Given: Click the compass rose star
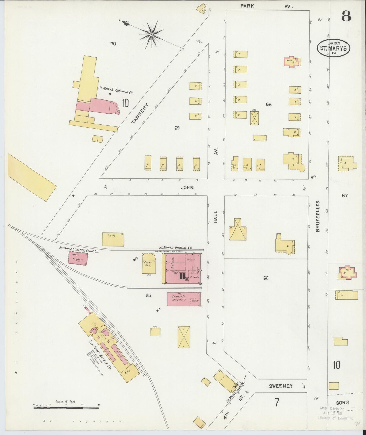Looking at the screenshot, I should pos(151,34).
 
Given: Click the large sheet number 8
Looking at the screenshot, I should pos(346,16).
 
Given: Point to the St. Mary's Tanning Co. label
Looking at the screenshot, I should pos(116,90).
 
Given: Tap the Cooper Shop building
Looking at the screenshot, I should pos(149,263).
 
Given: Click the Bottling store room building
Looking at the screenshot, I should pos(184,299).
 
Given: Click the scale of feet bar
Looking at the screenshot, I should pos(66,408).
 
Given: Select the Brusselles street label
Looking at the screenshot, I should pos(318,216).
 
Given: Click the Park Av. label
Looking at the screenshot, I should pos(266,6).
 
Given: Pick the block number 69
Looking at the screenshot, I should pos(177,128).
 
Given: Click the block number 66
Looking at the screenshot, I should pos(265,278).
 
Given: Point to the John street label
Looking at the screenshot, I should pos(187,187).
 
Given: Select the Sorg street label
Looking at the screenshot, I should pos(342,402).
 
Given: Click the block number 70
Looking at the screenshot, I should pos(113,44).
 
